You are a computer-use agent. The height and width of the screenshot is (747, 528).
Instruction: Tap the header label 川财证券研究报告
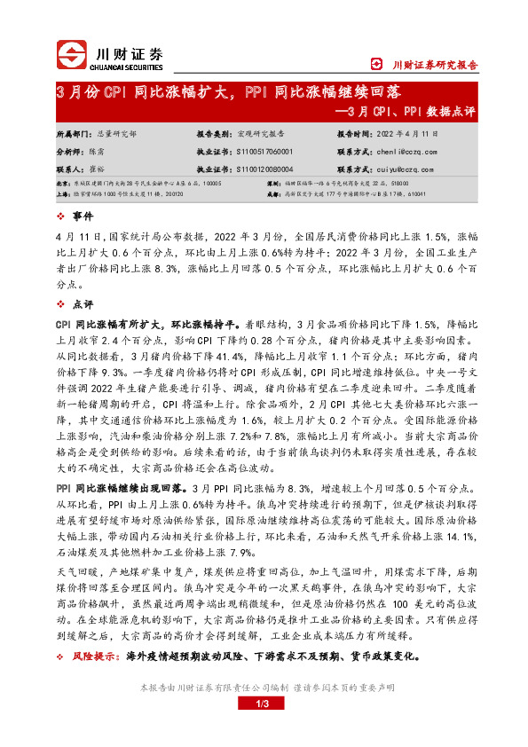(x=434, y=64)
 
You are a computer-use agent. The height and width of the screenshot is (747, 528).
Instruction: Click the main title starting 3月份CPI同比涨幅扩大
(x=229, y=92)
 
